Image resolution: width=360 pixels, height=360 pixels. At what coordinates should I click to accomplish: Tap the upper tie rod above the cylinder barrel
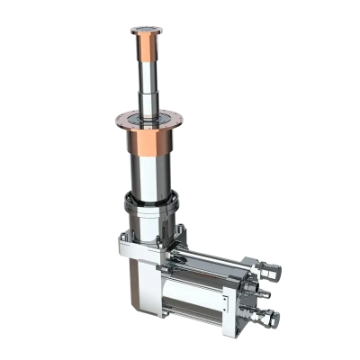coord(216,261)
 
